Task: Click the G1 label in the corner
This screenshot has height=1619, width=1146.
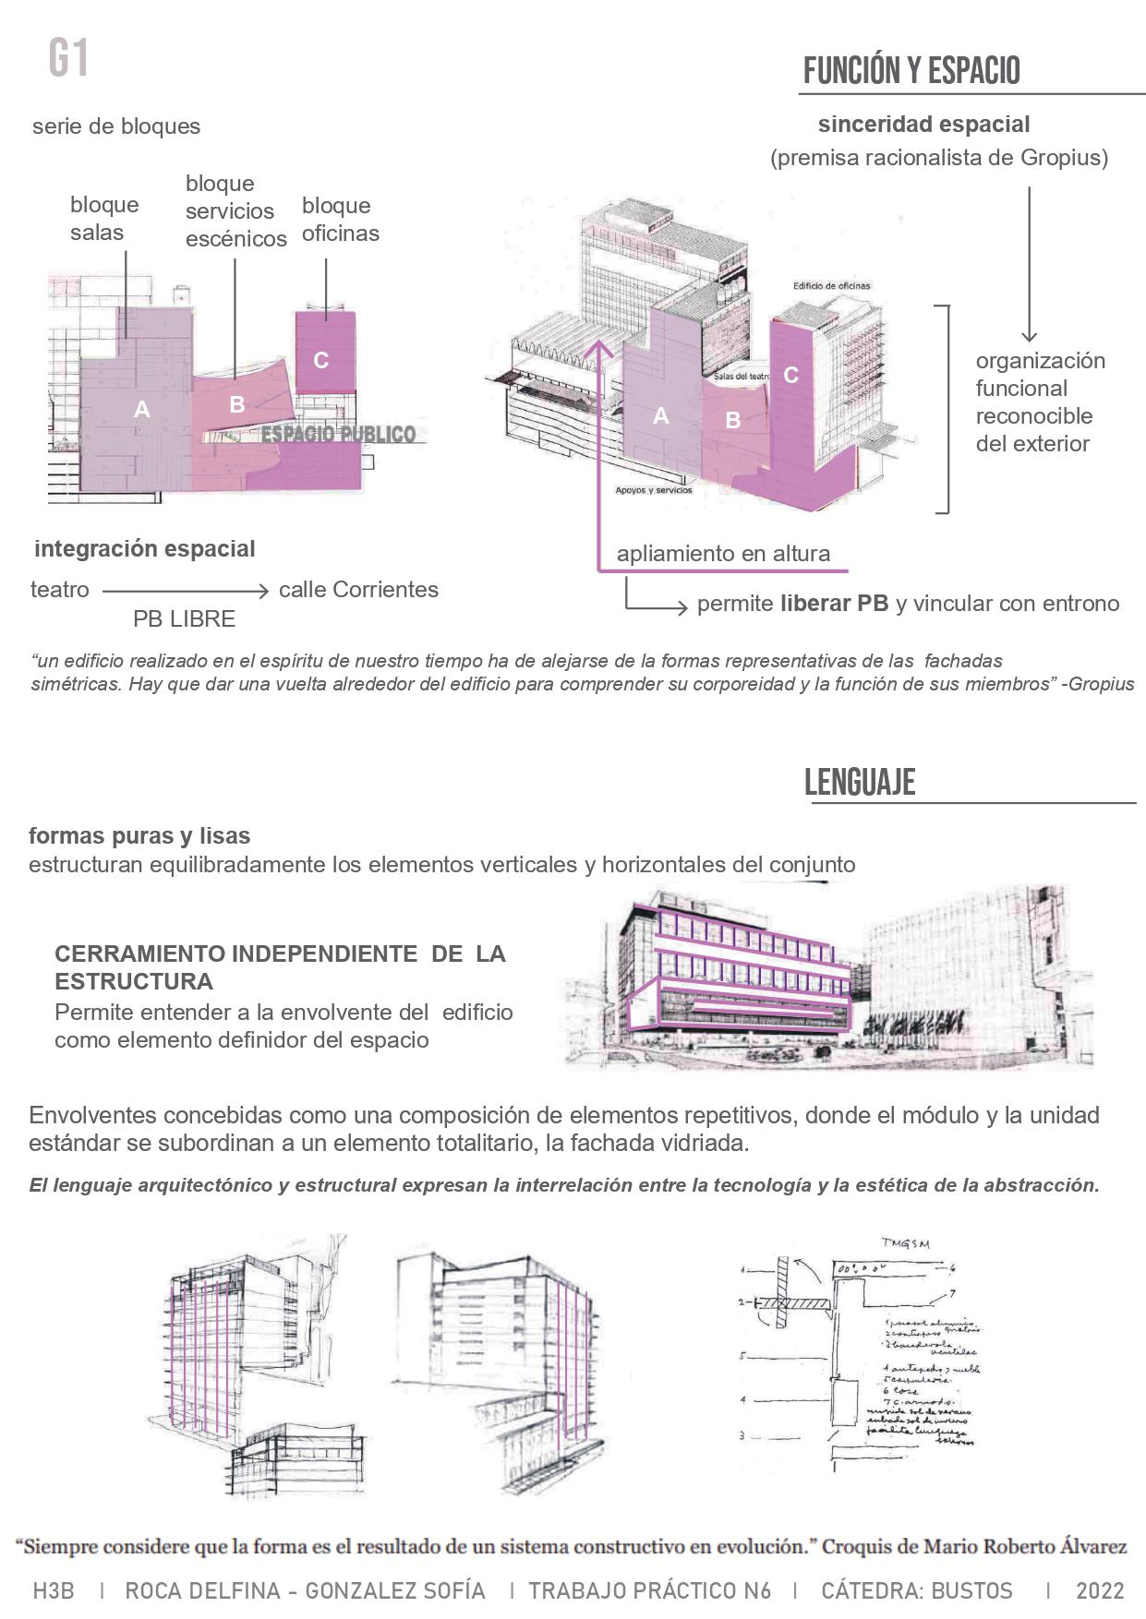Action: click(x=68, y=59)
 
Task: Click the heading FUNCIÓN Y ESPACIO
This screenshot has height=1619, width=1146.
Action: click(x=911, y=71)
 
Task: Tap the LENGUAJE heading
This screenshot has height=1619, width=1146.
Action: click(x=859, y=782)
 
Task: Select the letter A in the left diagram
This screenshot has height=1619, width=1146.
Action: click(x=141, y=409)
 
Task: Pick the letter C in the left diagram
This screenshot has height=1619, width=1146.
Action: click(x=320, y=360)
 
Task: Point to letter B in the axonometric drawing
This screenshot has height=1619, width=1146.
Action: click(x=732, y=420)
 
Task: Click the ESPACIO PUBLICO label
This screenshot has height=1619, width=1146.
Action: click(x=339, y=434)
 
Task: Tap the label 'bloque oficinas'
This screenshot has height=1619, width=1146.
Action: click(x=340, y=219)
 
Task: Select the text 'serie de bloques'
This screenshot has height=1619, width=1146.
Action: click(x=116, y=126)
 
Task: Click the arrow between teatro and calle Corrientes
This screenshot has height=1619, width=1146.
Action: click(x=185, y=590)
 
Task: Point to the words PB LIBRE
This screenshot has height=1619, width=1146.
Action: click(x=184, y=618)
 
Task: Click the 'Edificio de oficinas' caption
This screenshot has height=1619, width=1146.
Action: click(x=831, y=286)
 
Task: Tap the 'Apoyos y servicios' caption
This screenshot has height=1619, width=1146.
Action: click(x=654, y=490)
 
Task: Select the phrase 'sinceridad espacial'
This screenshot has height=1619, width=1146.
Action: click(x=923, y=124)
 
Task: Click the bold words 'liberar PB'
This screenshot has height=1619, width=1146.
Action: click(x=834, y=604)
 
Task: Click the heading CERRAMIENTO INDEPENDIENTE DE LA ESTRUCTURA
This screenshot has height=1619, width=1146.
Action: click(x=279, y=966)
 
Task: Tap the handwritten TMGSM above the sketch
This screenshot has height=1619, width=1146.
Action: click(x=905, y=1243)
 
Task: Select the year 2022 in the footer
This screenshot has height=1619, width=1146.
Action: click(x=1100, y=1590)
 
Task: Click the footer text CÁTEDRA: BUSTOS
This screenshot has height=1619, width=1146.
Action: click(x=916, y=1590)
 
